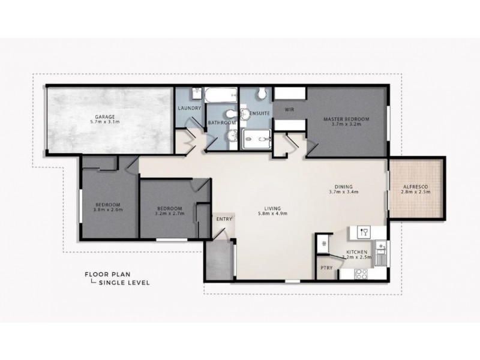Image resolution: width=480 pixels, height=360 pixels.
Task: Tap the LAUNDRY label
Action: point(190,108)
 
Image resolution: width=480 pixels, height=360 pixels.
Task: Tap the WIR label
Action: point(289,110)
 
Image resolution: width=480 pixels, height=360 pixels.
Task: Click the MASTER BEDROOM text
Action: point(346,119)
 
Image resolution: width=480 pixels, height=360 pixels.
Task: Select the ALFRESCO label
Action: point(416,187)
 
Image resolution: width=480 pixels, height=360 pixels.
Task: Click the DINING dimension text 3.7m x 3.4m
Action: point(344,193)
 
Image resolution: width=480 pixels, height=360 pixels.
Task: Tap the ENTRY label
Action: point(223,220)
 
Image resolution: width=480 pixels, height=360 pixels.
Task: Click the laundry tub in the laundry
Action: point(197,94)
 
